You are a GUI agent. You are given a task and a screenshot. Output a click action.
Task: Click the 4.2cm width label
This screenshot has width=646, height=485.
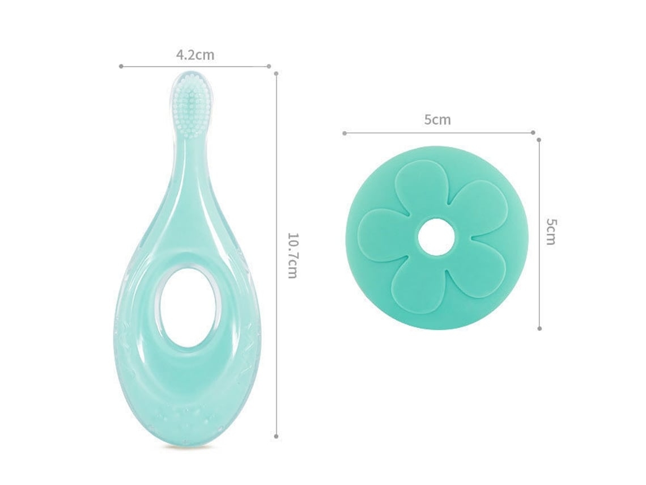coord(195,55)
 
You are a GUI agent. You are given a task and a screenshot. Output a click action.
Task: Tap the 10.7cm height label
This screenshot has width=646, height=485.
coord(292,256)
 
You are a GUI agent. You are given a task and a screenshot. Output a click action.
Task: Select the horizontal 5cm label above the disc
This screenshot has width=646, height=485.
coord(437,120)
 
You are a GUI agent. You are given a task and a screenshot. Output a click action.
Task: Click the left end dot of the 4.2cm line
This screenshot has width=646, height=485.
coord(121,66)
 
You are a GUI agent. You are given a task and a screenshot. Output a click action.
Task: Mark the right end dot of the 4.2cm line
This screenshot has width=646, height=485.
coord(269,66)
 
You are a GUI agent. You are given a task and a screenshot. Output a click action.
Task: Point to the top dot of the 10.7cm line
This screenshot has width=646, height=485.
coord(276,74)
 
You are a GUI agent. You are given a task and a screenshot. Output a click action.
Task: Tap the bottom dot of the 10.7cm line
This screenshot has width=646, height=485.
coord(276,436)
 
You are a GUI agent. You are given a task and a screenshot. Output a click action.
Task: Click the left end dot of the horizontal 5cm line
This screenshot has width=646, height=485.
coord(345,133)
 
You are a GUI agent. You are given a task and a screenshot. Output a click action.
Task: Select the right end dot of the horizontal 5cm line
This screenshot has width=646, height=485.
coord(533,132)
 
